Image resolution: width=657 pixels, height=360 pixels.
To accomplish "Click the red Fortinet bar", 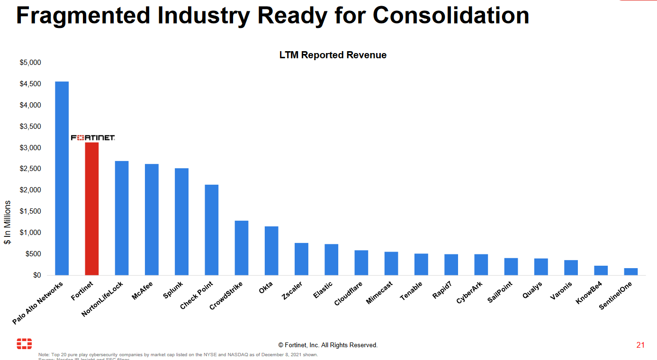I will tap(91, 208).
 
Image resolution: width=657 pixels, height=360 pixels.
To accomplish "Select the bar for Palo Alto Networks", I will tap(62, 178).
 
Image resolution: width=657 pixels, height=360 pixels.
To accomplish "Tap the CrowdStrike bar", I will tap(242, 248).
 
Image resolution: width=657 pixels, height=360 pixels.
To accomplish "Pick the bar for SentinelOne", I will tap(630, 271).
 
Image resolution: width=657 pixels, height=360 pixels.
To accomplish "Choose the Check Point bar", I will tap(211, 230).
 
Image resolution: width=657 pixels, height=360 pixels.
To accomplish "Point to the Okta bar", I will tap(271, 251).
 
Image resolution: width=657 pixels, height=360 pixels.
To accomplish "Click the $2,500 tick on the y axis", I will tap(30, 169).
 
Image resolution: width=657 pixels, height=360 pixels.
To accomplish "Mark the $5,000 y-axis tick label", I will tap(30, 63).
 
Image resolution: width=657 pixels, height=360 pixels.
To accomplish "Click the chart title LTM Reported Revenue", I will tap(333, 55).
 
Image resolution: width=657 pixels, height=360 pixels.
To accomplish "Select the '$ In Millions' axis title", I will tap(8, 222).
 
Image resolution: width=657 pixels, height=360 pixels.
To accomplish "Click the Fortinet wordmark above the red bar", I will tap(93, 138).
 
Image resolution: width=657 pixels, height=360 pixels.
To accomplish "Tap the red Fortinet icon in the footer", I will tap(24, 344).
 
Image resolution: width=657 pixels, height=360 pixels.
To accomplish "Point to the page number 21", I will tap(640, 345).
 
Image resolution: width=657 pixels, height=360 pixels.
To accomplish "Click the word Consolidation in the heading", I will tap(450, 15).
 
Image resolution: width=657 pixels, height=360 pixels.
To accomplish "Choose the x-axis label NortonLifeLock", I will tap(102, 299).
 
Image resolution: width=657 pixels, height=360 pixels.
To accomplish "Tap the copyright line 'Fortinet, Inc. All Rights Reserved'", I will tap(328, 345).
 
